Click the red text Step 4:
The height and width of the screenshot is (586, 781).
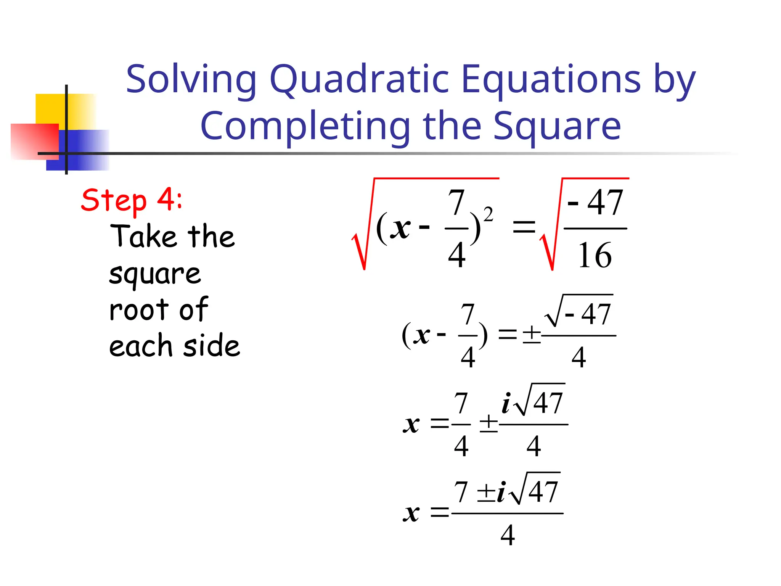132,200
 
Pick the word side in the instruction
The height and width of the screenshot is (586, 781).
212,345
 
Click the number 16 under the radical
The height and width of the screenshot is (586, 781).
595,256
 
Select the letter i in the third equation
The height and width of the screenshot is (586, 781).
506,403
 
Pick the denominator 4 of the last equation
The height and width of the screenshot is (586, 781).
508,535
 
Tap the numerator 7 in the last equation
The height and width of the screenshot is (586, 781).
461,492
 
